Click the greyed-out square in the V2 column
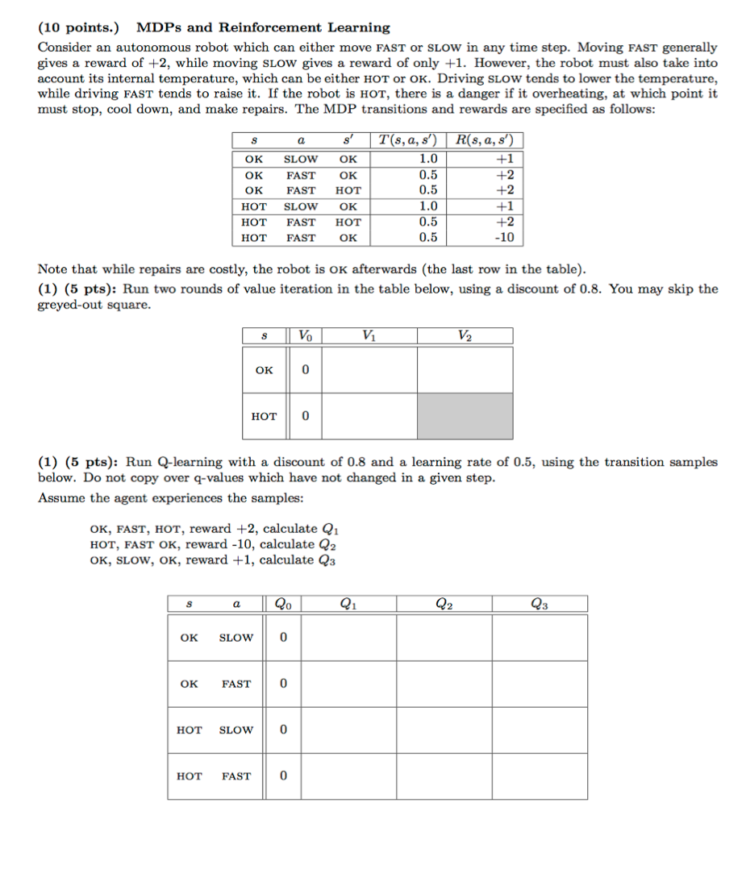tap(465, 416)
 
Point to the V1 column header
tap(369, 335)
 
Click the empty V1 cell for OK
tap(369, 370)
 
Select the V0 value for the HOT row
tap(305, 417)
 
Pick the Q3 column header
tap(539, 603)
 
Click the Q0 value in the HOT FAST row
tap(283, 776)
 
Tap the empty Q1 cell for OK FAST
tap(348, 684)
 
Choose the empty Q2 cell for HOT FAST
tap(444, 776)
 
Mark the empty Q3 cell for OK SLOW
tap(539, 638)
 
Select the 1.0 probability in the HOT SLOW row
tap(428, 206)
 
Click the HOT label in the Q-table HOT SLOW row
tap(189, 730)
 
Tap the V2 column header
tap(465, 335)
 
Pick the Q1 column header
tap(348, 603)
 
